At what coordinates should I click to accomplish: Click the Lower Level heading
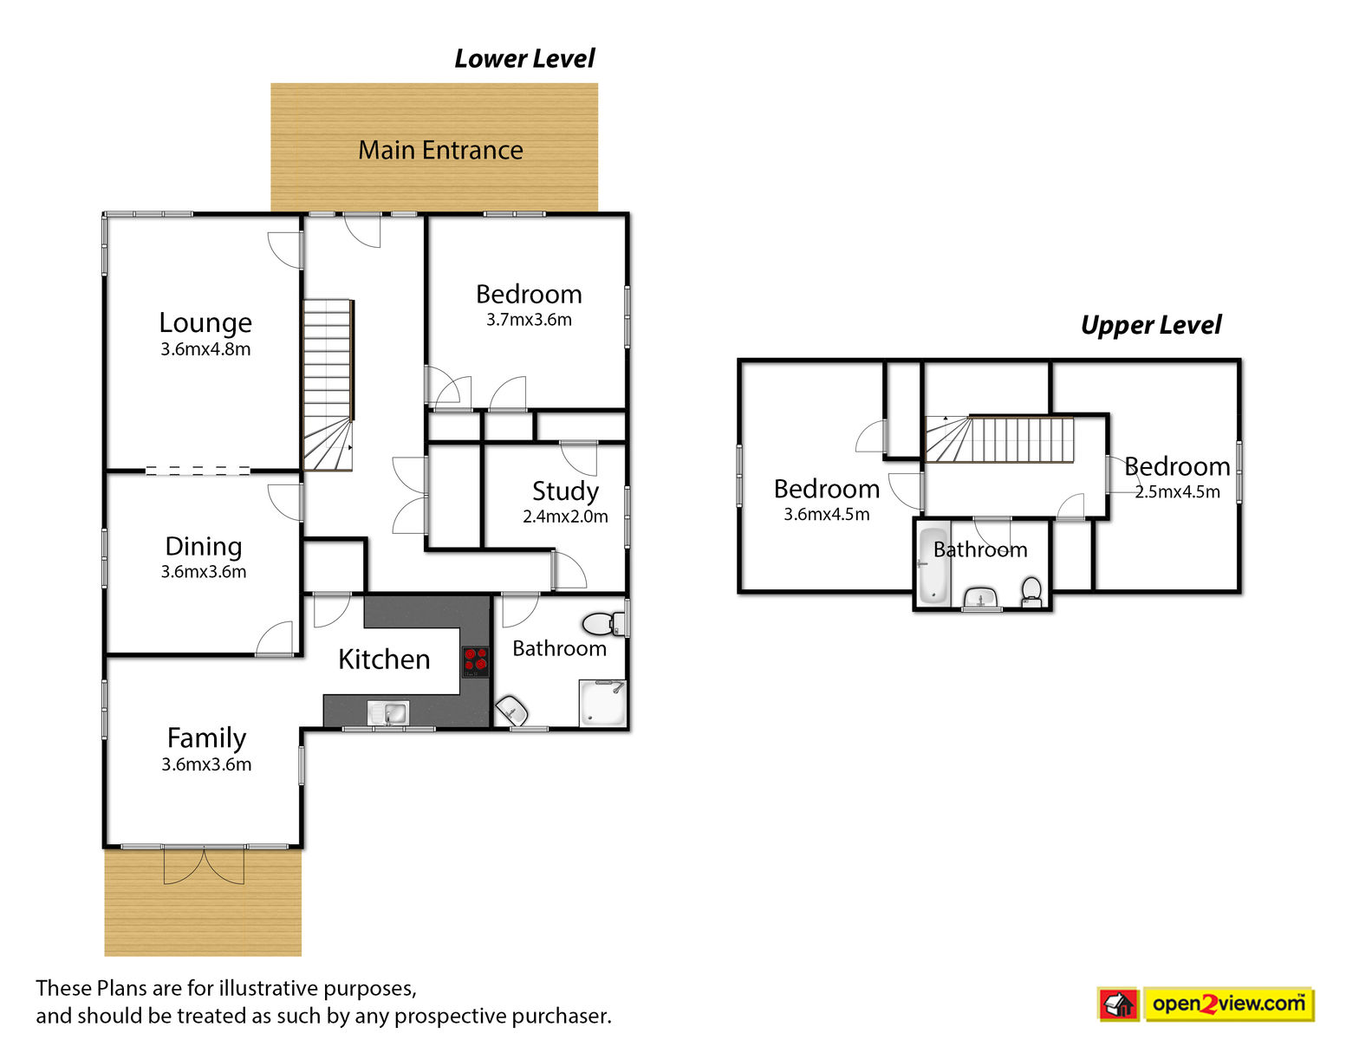524,59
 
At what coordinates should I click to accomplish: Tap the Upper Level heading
1151,325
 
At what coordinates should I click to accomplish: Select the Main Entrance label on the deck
440,150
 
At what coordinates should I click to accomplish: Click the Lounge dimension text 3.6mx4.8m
205,348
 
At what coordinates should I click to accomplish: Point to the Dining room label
204,547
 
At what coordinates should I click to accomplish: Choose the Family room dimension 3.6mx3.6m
206,764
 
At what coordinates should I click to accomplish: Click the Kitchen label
384,659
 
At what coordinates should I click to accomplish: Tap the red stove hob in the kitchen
476,661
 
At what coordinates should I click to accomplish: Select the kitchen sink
387,712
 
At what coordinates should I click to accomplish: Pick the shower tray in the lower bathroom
602,702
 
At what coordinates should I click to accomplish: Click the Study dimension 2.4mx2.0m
565,516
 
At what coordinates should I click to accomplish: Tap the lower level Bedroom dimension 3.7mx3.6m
529,320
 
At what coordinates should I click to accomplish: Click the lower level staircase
328,385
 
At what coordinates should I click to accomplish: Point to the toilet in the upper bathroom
1031,592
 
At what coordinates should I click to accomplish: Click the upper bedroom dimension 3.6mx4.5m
826,514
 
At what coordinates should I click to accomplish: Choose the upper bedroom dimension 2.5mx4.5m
1177,491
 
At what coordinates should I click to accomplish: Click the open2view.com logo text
1228,1004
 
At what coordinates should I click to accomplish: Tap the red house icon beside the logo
1119,1004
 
